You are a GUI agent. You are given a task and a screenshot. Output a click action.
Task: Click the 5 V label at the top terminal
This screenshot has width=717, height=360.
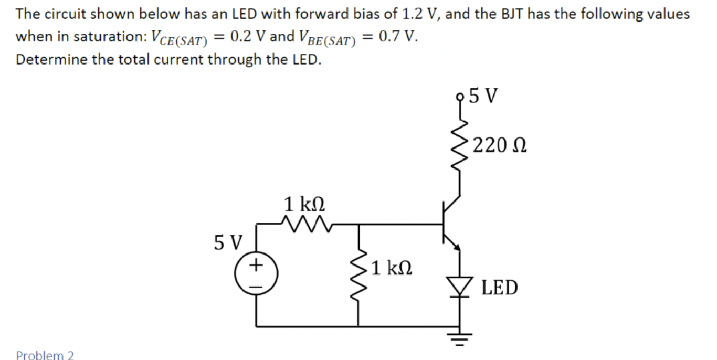click(483, 96)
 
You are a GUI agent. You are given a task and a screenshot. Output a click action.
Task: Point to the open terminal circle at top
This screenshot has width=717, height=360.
click(461, 97)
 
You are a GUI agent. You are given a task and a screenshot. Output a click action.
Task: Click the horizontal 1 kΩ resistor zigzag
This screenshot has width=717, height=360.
click(305, 224)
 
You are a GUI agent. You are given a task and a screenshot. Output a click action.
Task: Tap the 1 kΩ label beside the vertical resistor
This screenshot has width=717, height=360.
click(391, 269)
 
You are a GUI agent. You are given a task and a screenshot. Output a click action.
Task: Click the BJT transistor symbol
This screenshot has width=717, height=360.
click(449, 223)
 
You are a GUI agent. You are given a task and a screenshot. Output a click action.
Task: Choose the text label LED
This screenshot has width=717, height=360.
click(499, 288)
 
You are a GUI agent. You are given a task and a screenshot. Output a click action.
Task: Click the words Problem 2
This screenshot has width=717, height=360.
click(45, 355)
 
